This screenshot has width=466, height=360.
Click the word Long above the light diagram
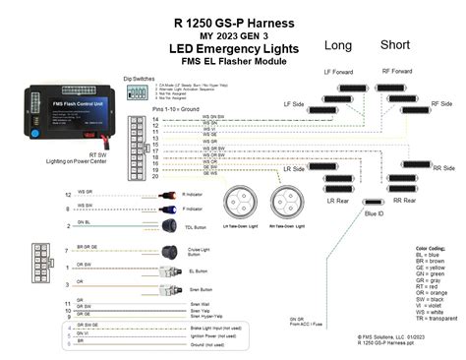(x=338, y=45)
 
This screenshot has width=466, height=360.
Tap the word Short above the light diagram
(x=395, y=45)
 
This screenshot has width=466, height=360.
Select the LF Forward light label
(x=340, y=71)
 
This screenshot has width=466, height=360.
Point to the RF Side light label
(x=442, y=102)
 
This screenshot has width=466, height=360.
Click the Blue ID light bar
(x=374, y=197)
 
